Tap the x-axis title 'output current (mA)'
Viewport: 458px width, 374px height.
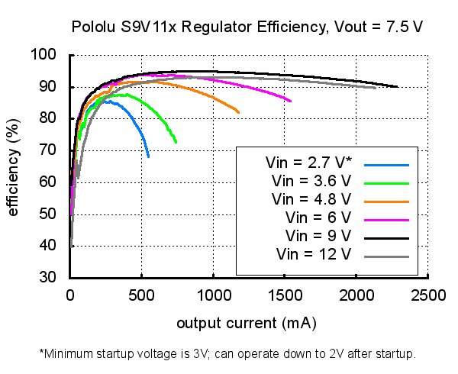coord(247,323)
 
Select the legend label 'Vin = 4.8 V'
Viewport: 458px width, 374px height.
coord(311,199)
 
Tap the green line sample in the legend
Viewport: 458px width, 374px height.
coord(388,182)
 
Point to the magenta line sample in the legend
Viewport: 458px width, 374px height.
coord(388,217)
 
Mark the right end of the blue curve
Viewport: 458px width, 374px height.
coord(148,156)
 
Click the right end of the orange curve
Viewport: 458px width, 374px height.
coord(239,113)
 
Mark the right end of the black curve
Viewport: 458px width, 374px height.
coord(397,87)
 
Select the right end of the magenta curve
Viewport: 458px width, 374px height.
coord(291,101)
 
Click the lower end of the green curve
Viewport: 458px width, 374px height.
coord(176,143)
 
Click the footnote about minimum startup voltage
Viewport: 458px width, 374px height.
coord(227,354)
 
